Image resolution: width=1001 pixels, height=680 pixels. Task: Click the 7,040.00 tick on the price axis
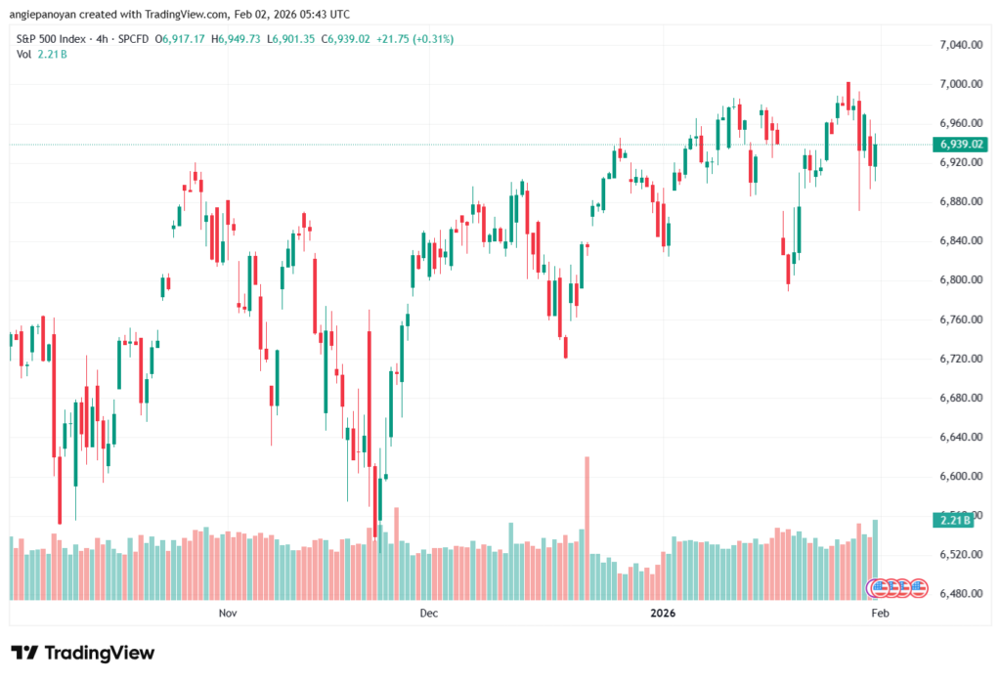(x=959, y=45)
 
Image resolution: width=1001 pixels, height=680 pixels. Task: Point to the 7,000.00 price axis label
(x=959, y=84)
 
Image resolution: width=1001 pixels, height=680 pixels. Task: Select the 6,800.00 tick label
(x=959, y=280)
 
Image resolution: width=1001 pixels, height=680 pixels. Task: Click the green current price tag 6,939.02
(x=962, y=145)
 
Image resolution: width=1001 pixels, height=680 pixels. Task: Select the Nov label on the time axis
(x=228, y=614)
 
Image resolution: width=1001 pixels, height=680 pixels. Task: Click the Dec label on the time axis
(x=428, y=614)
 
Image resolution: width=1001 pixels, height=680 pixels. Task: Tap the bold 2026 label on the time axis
(x=663, y=614)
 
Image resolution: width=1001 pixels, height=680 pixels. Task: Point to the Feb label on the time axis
(x=880, y=614)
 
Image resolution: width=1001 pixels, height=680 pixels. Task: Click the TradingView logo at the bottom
(x=83, y=653)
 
